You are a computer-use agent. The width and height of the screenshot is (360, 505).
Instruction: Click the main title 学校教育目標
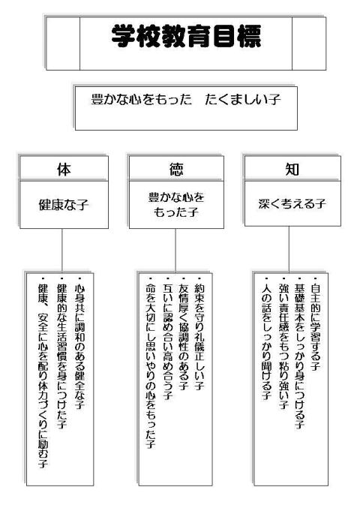pos(186,37)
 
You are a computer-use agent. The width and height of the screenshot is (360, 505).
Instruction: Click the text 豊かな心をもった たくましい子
pos(186,99)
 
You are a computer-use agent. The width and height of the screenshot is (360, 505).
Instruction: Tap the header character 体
pos(64,170)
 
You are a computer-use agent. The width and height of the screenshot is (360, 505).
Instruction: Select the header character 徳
pos(176,170)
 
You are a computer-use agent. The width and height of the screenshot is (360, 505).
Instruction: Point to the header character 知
pos(292,170)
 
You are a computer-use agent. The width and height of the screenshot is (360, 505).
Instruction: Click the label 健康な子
pos(64,205)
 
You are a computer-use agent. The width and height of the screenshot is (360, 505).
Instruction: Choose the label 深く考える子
pos(292,203)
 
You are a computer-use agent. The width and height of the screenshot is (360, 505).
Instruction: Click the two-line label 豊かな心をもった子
pos(176,205)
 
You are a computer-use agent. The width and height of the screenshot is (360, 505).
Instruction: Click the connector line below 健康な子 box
pos(61,251)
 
